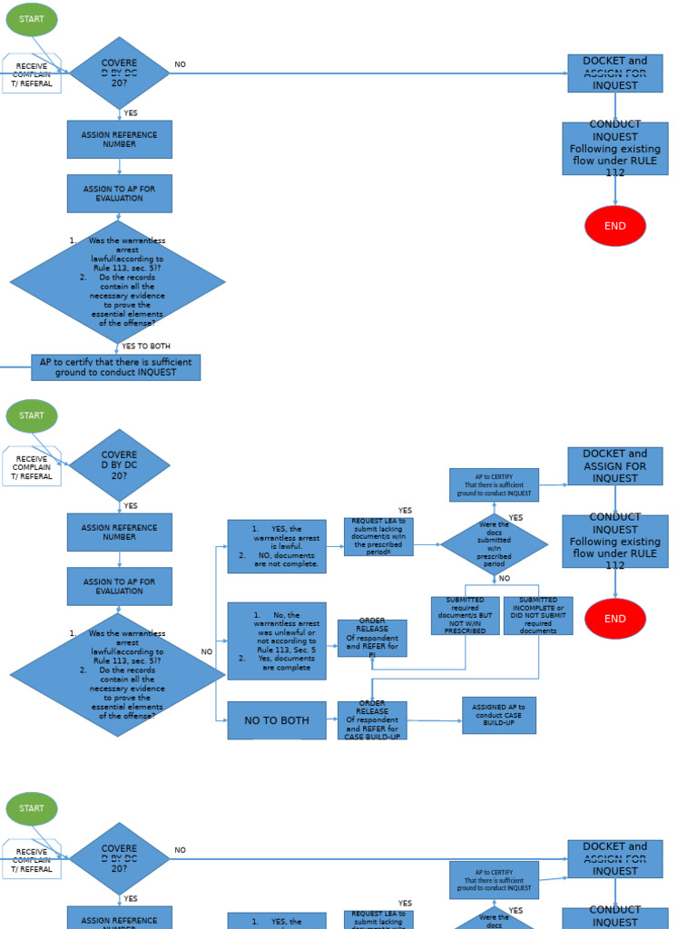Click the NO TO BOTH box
pos(276,720)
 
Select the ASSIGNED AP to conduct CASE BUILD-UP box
pos(498,715)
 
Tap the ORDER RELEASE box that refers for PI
pos(372,638)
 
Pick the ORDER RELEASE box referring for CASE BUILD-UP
pos(372,720)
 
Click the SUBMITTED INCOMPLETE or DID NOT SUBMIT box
pos(538,615)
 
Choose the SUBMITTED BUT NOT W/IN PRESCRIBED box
pos(465,615)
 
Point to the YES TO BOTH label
pos(146,347)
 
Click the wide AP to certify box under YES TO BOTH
pos(115,367)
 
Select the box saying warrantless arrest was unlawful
pos(277,641)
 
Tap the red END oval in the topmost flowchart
pos(615,226)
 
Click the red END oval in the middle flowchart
pos(615,619)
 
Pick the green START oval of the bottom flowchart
pos(32,808)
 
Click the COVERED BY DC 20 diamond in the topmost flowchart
pos(119,73)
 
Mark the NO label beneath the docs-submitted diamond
pos(505,579)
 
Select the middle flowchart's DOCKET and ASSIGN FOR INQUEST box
pos(614,466)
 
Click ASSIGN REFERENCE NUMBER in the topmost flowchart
pos(119,140)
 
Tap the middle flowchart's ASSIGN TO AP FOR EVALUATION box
pos(119,586)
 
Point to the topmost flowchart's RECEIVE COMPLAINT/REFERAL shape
pos(32,74)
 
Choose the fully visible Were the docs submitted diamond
pos(494,544)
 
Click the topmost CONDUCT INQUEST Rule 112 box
pos(614,149)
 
